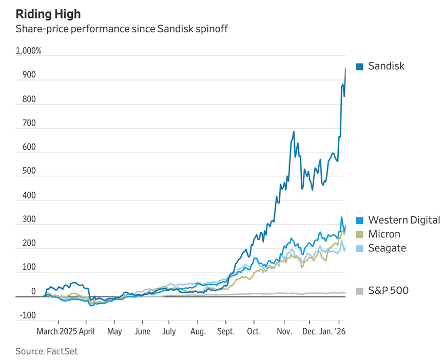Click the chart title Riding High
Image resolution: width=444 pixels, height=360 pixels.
pyautogui.click(x=48, y=14)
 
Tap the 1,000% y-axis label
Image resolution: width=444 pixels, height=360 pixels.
pyautogui.click(x=29, y=51)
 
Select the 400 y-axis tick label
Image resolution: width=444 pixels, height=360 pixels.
pyautogui.click(x=29, y=195)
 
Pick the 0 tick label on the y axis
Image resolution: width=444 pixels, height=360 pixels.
pyautogui.click(x=33, y=292)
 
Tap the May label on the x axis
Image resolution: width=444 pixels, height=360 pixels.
pyautogui.click(x=114, y=331)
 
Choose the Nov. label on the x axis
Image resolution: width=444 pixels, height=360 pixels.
pyautogui.click(x=284, y=331)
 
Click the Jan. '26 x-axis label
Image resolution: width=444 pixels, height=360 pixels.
pyautogui.click(x=333, y=331)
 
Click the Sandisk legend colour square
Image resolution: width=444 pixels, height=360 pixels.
pyautogui.click(x=359, y=66)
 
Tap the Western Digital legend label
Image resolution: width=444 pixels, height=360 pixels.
pyautogui.click(x=404, y=220)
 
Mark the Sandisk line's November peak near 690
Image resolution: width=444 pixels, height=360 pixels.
pyautogui.click(x=294, y=132)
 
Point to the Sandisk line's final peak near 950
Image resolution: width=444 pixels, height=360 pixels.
pyautogui.click(x=345, y=68)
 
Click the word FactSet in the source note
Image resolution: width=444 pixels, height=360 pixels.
pyautogui.click(x=62, y=351)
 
